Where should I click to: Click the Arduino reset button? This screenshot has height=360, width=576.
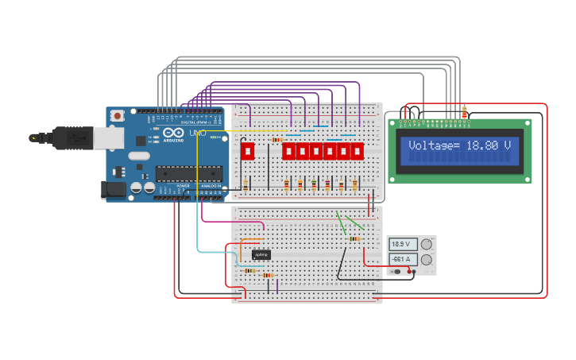click(x=118, y=116)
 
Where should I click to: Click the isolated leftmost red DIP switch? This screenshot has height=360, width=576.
click(x=247, y=150)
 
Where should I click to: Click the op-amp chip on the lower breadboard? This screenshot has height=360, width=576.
click(x=261, y=254)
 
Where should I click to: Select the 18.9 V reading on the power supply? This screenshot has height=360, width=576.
click(x=401, y=244)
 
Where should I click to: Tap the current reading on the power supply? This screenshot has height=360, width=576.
click(x=401, y=259)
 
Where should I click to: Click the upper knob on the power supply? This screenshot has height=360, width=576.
click(x=427, y=244)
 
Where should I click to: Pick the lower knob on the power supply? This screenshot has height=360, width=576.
click(x=427, y=259)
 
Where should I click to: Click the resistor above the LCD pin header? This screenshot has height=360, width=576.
click(x=464, y=113)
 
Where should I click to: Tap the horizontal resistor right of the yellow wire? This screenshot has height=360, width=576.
click(x=276, y=139)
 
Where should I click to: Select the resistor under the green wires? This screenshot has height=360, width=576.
click(x=354, y=238)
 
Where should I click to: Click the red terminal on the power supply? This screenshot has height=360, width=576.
click(x=410, y=272)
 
